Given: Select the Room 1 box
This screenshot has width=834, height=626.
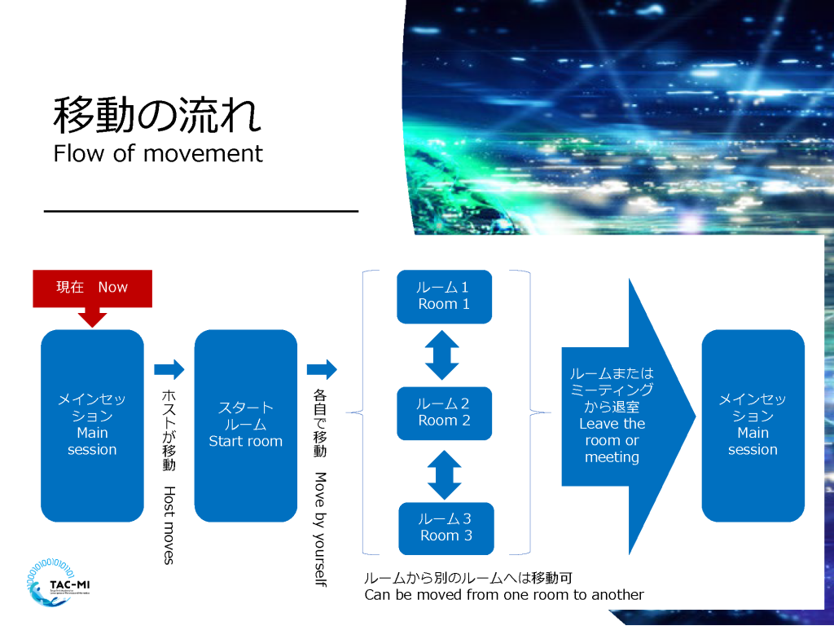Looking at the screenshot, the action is (x=444, y=297).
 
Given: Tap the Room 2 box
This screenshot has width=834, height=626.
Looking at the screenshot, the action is (x=444, y=413).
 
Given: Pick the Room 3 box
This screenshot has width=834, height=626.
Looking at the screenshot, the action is (x=446, y=528).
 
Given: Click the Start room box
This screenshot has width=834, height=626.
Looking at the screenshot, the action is (x=246, y=425).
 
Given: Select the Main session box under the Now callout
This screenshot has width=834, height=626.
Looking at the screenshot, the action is (x=93, y=425).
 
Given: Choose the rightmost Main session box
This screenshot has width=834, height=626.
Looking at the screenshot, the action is (x=753, y=425).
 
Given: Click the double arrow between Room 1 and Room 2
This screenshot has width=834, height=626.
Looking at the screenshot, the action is (x=442, y=355).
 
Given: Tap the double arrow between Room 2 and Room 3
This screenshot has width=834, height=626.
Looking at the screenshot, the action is (x=444, y=475).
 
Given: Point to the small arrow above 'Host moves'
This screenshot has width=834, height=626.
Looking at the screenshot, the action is (x=169, y=369).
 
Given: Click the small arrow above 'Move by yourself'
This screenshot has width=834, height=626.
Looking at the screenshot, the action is (x=322, y=369).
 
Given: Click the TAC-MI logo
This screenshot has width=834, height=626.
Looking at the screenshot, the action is (x=59, y=583).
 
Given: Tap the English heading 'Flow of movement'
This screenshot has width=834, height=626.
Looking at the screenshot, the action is (x=158, y=153).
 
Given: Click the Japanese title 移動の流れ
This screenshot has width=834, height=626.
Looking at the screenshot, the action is (x=157, y=114).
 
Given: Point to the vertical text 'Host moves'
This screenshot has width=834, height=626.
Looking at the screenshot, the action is (x=169, y=525).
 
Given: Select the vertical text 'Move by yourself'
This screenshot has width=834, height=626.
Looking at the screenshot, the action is (x=320, y=529).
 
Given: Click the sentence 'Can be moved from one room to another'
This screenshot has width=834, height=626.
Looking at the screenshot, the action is (x=504, y=594).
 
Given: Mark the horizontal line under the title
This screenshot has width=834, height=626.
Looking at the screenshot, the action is (x=201, y=211).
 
